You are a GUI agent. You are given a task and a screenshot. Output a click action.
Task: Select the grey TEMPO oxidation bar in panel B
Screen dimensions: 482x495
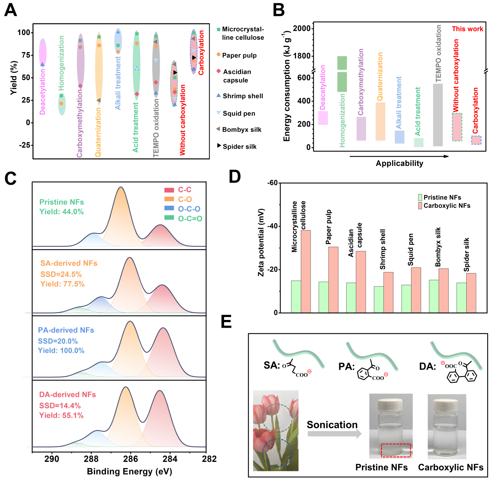click(438, 115)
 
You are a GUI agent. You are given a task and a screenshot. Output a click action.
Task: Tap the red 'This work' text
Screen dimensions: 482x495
click(467, 29)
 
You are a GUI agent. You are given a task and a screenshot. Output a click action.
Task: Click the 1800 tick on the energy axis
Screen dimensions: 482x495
click(302, 56)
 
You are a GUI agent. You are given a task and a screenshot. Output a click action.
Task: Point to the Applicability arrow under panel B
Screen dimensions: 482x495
click(399, 156)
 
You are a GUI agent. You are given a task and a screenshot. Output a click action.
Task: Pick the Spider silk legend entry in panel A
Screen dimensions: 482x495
click(237, 146)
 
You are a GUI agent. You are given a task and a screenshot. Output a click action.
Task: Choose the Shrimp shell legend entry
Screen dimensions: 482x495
click(240, 96)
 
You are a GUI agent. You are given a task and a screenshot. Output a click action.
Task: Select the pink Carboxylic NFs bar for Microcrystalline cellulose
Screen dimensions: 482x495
click(306, 271)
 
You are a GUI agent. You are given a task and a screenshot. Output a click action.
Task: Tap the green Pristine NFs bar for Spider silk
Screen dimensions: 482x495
click(461, 298)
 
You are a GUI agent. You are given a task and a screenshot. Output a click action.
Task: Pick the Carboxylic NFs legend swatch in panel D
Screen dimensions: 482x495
click(420, 206)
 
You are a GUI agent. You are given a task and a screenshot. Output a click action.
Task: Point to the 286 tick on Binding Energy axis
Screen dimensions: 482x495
click(130, 459)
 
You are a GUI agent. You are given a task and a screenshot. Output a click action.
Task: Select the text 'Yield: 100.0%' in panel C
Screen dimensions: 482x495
click(61, 351)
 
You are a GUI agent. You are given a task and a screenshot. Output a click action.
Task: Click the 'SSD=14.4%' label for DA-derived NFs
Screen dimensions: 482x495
click(60, 406)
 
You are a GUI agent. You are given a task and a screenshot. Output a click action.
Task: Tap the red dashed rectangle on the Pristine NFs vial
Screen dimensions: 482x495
click(396, 450)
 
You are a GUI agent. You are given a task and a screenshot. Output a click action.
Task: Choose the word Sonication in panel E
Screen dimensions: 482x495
click(332, 425)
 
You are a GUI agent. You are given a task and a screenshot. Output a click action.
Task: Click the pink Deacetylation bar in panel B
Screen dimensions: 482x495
click(323, 118)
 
